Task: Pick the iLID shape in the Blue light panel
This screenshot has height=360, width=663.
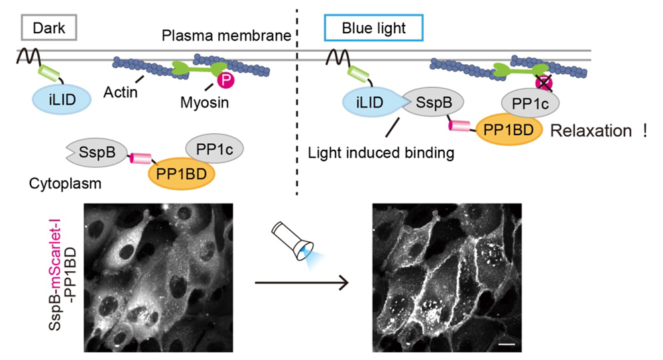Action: (x=365, y=101)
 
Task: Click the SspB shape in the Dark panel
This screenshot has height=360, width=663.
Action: (x=92, y=151)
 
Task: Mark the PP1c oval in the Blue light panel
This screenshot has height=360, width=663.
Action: (x=528, y=102)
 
